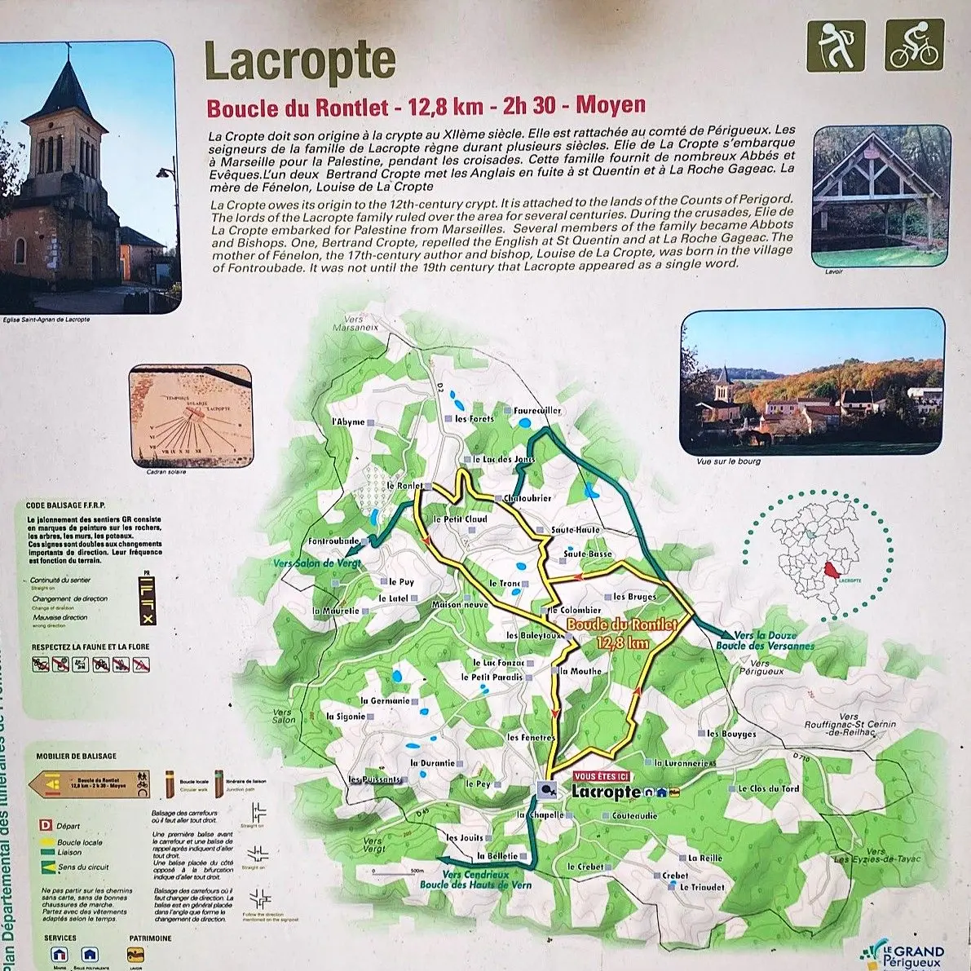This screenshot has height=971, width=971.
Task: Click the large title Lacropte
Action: (x=299, y=61)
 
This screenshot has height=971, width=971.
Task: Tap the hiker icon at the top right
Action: (x=835, y=45)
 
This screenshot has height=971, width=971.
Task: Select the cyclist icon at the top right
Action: (x=914, y=45)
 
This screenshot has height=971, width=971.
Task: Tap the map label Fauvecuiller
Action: (x=537, y=411)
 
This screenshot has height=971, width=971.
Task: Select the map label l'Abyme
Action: (x=348, y=422)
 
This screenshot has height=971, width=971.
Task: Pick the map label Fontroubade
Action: (x=334, y=541)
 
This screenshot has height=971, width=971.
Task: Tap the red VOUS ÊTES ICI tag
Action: (x=602, y=776)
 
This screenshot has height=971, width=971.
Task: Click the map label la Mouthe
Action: (x=580, y=671)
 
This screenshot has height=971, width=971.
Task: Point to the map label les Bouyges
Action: (x=731, y=734)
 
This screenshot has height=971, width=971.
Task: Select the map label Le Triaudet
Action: (x=702, y=887)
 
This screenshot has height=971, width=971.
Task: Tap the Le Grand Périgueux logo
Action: (x=905, y=954)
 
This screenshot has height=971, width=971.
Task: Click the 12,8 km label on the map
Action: (x=623, y=642)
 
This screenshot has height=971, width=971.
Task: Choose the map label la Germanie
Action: (x=385, y=700)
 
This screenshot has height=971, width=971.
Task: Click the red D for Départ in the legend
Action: (x=46, y=826)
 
